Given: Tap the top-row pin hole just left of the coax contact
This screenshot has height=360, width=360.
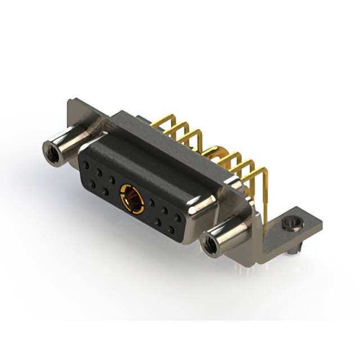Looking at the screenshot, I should click(112, 181).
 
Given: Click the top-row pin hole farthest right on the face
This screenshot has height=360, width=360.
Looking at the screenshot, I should click(178, 216).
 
